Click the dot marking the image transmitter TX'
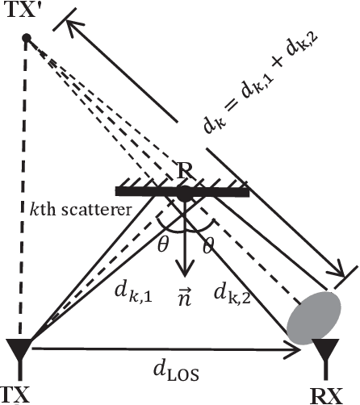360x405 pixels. point(26,38)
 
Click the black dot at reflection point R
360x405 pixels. point(185,193)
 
